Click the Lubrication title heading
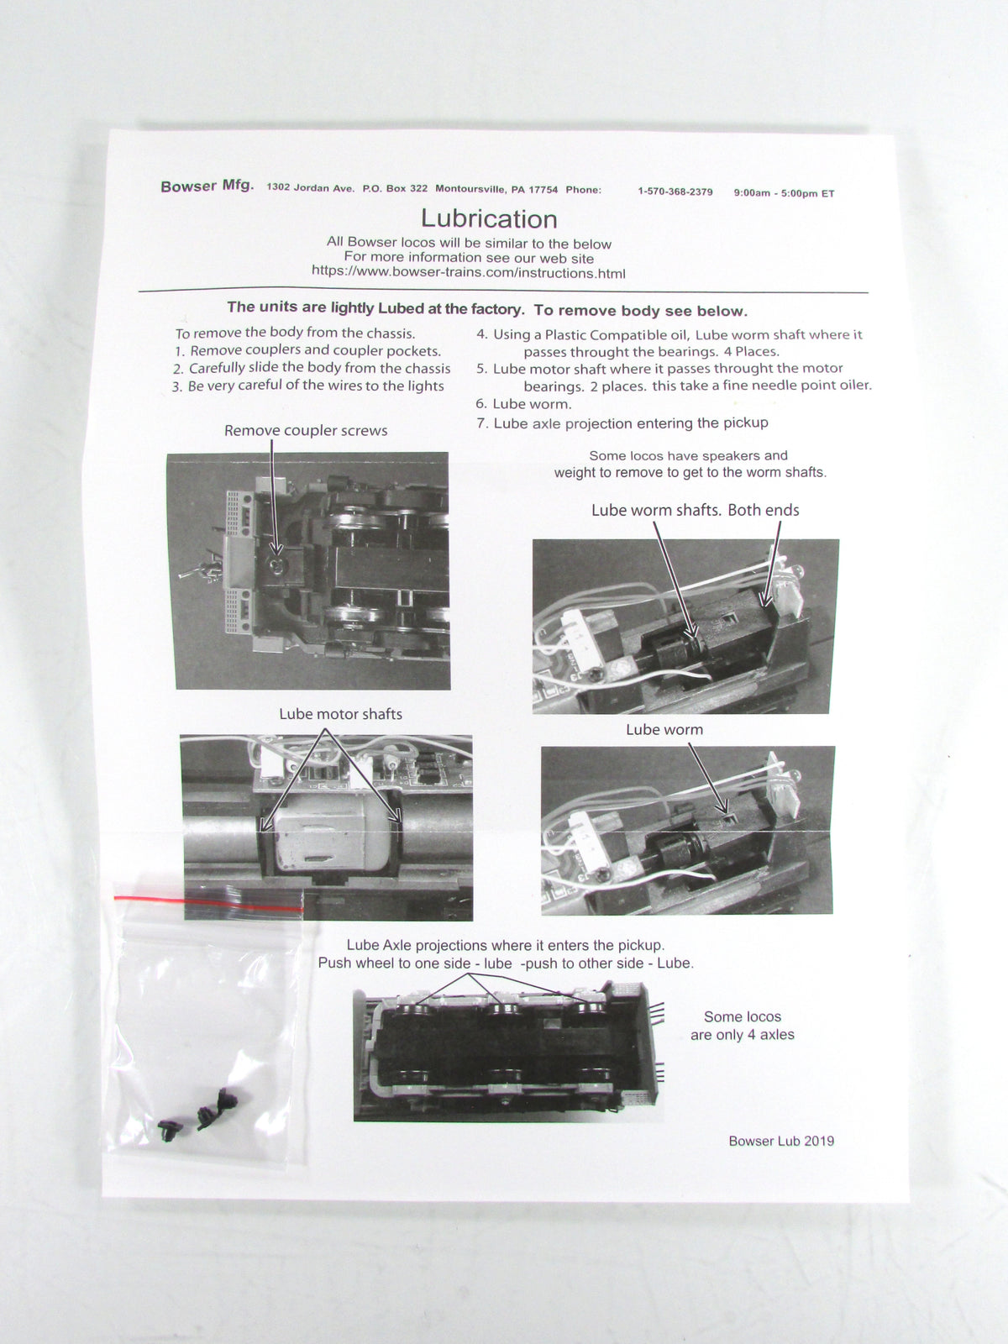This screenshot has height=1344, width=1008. pyautogui.click(x=488, y=219)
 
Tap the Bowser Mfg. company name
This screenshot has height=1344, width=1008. pyautogui.click(x=207, y=186)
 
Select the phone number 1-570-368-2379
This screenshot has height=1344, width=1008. pyautogui.click(x=675, y=192)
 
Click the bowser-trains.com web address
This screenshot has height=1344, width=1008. pyautogui.click(x=468, y=272)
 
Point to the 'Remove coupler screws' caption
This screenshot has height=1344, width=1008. pyautogui.click(x=306, y=430)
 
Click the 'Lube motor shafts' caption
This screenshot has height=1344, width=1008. pyautogui.click(x=340, y=714)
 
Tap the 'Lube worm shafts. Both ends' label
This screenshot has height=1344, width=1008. pyautogui.click(x=696, y=510)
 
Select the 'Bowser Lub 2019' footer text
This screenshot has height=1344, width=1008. pyautogui.click(x=781, y=1141)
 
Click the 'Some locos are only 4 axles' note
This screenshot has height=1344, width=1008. pyautogui.click(x=743, y=1026)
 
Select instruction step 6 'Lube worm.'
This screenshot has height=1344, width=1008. pyautogui.click(x=523, y=404)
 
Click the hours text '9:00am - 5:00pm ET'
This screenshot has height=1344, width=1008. pyautogui.click(x=784, y=193)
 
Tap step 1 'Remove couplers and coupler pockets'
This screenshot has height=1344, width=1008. pyautogui.click(x=307, y=351)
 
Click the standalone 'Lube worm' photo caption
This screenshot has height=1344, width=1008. pyautogui.click(x=664, y=730)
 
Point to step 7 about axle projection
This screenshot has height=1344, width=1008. pyautogui.click(x=622, y=423)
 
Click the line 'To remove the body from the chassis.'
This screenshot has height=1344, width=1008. pyautogui.click(x=295, y=333)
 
